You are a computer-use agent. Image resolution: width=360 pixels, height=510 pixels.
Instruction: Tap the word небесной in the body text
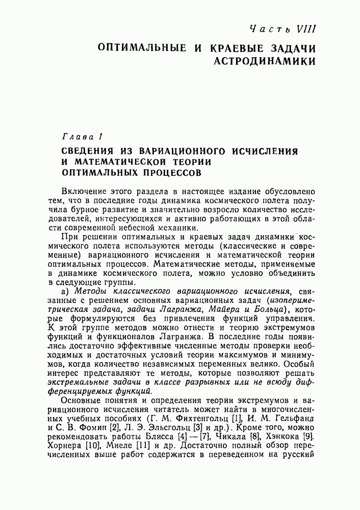click(159, 227)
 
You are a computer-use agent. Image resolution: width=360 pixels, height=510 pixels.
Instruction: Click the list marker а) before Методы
click(65, 291)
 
